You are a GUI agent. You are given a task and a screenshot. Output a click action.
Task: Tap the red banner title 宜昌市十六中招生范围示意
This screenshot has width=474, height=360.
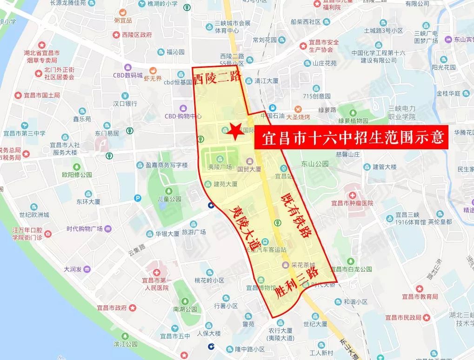(351, 138)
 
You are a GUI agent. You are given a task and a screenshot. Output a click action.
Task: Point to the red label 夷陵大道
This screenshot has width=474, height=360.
(246, 226)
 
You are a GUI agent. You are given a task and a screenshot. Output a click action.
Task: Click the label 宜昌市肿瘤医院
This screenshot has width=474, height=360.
(352, 203)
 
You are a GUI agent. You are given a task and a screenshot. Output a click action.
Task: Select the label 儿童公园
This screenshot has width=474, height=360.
(168, 199)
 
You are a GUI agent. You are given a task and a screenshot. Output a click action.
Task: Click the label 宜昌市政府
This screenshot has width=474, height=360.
(112, 307)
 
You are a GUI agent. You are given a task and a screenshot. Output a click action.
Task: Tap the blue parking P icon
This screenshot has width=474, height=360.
(137, 198)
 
